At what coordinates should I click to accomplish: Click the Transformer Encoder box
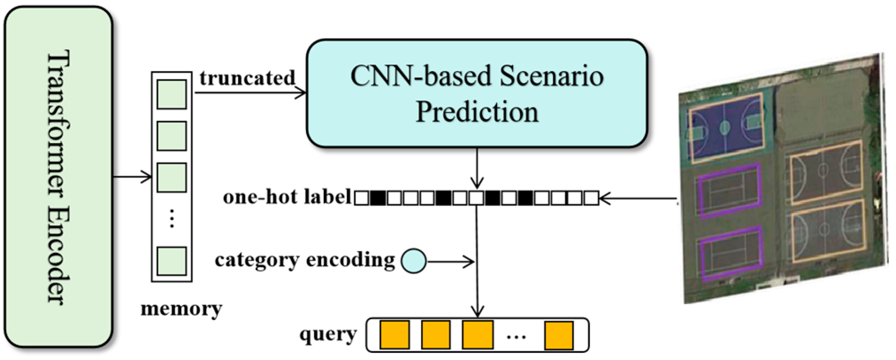click(58, 177)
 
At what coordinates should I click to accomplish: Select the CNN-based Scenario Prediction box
click(477, 93)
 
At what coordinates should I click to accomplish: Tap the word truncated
click(247, 78)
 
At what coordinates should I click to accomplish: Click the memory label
click(181, 308)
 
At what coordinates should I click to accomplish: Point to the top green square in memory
click(172, 94)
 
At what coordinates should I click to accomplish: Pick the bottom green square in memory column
click(172, 261)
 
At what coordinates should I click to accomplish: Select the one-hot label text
click(287, 197)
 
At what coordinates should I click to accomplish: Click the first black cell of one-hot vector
click(377, 198)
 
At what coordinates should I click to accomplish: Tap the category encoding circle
click(413, 261)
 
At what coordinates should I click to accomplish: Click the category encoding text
click(305, 260)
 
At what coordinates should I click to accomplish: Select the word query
click(328, 334)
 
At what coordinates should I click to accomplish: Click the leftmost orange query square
click(395, 335)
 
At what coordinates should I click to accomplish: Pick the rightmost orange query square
click(559, 335)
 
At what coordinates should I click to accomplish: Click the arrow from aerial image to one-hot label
click(637, 199)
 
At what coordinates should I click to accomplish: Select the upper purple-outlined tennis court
click(729, 190)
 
